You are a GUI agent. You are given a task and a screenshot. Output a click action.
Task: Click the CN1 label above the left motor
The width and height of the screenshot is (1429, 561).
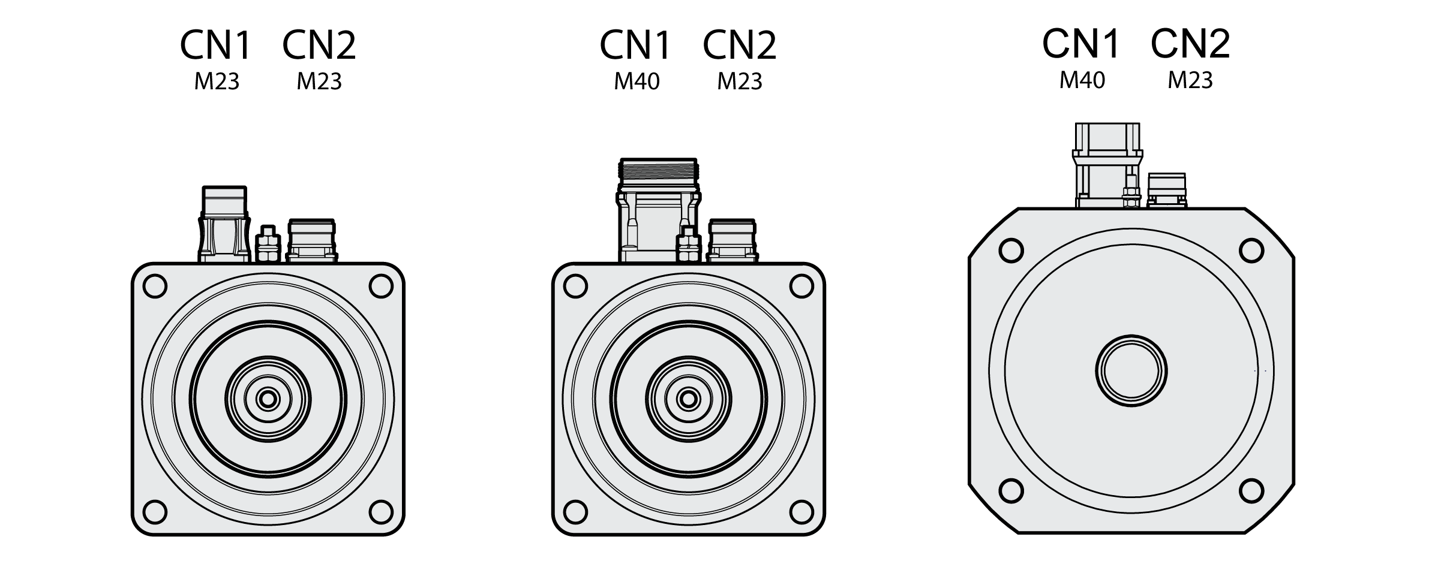point(215,45)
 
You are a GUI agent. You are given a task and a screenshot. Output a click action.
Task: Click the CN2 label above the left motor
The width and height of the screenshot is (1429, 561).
point(319,45)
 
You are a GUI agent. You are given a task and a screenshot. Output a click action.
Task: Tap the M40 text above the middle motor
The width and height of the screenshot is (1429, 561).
point(637,82)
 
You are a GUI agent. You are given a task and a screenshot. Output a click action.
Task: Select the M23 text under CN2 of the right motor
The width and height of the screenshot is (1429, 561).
point(1190,80)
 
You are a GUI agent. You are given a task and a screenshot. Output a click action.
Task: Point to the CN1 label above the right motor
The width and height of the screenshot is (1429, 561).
point(1081,43)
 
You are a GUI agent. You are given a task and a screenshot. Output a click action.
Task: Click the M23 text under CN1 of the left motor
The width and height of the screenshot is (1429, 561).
point(217,82)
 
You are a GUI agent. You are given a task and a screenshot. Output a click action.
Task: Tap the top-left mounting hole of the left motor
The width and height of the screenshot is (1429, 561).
point(155,286)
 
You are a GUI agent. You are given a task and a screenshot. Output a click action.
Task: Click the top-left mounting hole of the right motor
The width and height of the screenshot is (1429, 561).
point(1011,251)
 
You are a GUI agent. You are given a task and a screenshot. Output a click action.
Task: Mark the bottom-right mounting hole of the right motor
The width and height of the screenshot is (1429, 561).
point(1251,491)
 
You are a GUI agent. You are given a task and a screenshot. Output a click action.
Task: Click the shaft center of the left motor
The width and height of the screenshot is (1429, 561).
point(268,399)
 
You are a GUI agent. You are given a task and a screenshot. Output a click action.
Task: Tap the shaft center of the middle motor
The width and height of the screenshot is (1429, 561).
point(688,399)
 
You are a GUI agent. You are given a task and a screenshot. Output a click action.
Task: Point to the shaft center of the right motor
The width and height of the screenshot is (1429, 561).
point(1131,371)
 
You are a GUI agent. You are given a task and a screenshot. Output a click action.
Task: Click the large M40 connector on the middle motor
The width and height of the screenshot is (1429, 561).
point(658,210)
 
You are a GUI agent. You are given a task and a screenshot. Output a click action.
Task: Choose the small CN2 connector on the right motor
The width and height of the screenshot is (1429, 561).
point(1167,191)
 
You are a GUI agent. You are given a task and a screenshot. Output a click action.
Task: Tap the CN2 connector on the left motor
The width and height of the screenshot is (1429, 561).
point(311,240)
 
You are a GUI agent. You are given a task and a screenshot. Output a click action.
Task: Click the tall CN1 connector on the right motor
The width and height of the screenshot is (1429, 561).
point(1107,165)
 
